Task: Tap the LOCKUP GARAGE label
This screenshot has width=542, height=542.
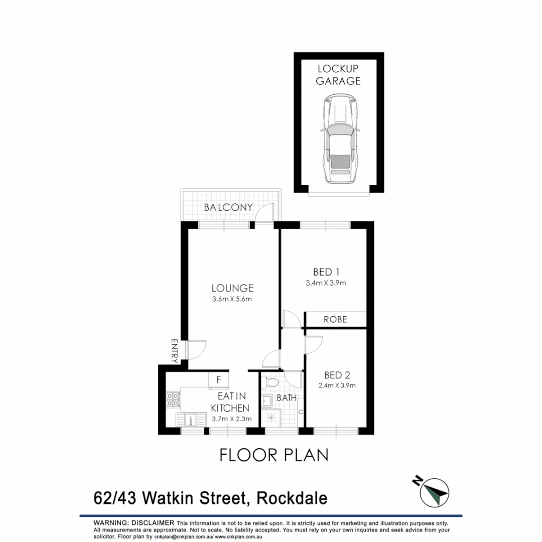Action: click(338, 75)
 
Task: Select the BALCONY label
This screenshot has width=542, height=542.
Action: click(228, 207)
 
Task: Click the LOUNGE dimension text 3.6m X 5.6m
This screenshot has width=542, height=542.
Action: click(231, 300)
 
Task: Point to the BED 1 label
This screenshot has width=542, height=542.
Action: click(323, 272)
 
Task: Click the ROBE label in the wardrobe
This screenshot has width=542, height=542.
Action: click(335, 319)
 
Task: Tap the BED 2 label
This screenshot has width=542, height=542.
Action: click(337, 375)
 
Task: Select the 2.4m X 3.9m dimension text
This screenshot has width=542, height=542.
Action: click(337, 386)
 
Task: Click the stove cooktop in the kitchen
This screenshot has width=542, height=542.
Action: click(173, 399)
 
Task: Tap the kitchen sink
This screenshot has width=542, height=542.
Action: click(191, 419)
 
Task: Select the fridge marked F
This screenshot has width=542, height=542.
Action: click(219, 380)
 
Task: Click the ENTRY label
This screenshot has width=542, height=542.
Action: click(175, 351)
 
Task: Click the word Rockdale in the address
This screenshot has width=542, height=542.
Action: click(292, 499)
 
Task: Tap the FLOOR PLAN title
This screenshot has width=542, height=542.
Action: click(274, 455)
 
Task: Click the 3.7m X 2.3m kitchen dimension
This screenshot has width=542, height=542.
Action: click(231, 419)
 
